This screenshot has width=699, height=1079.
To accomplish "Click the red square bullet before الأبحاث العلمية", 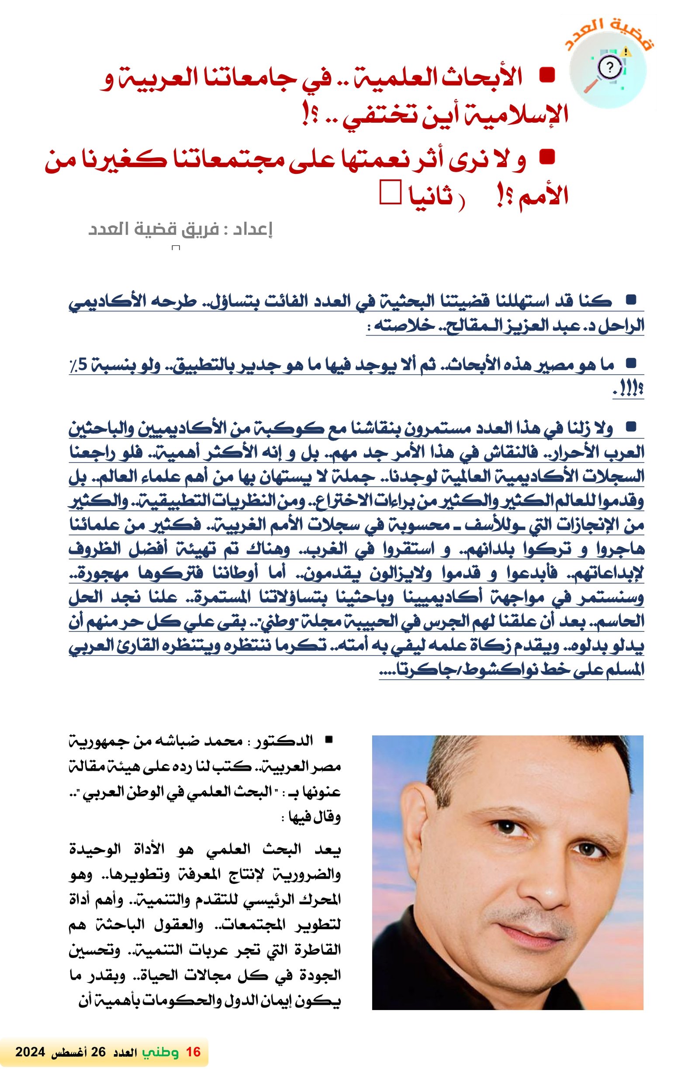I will click(547, 76).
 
